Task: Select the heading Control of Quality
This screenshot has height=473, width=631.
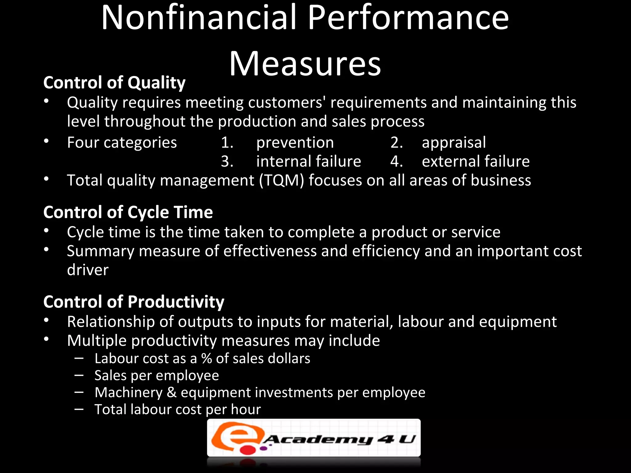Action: tap(114, 83)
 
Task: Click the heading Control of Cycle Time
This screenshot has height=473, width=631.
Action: tap(128, 212)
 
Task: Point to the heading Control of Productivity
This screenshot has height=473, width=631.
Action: tap(134, 301)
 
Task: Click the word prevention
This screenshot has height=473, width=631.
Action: tap(295, 143)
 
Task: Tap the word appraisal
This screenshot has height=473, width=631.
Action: tap(454, 143)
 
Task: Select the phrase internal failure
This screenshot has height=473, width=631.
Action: tap(308, 161)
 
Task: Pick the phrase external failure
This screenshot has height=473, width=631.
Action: tap(475, 161)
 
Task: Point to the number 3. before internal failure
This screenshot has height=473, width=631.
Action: tap(227, 161)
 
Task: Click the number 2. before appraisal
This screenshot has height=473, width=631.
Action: tap(396, 143)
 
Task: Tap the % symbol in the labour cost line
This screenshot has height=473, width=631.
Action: tap(206, 358)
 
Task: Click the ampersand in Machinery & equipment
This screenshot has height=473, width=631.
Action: tap(171, 392)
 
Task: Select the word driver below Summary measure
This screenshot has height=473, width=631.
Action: tap(88, 270)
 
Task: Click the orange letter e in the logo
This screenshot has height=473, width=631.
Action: tap(236, 435)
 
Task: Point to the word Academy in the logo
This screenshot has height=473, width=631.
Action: tap(319, 439)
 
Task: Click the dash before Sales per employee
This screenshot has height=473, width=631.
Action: tap(79, 375)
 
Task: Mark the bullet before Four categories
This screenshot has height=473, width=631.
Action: tap(46, 141)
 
